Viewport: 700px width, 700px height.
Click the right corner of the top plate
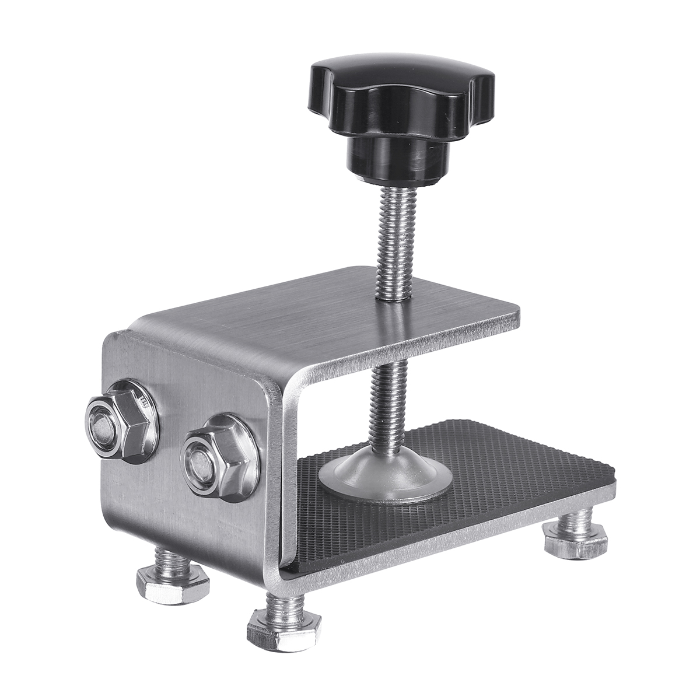coord(516,318)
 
